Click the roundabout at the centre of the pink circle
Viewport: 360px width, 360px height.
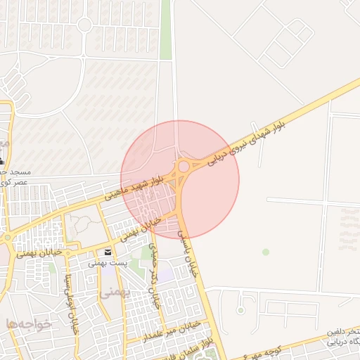click(x=184, y=166)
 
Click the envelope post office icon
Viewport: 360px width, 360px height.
click(x=108, y=252)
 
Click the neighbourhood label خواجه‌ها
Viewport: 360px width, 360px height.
click(x=29, y=323)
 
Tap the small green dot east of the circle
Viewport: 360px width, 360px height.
click(x=266, y=251)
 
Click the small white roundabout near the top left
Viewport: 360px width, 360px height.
click(x=84, y=25)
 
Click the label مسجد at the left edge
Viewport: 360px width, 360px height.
click(x=14, y=172)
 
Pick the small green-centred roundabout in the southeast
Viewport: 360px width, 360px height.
click(x=240, y=309)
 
